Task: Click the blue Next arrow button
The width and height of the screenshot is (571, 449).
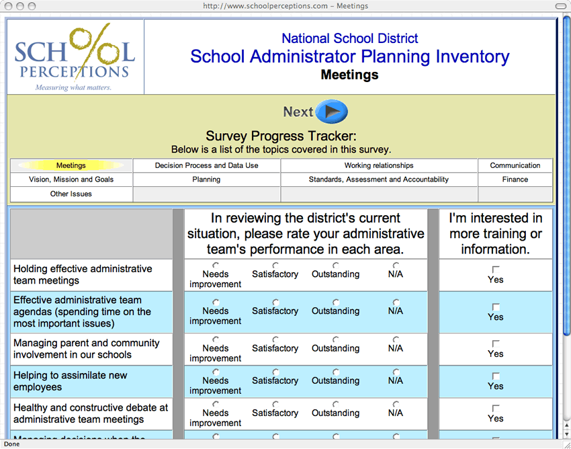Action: pyautogui.click(x=332, y=112)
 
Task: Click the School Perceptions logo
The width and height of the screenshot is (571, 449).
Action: pyautogui.click(x=75, y=57)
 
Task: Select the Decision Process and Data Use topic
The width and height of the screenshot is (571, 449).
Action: pyautogui.click(x=206, y=165)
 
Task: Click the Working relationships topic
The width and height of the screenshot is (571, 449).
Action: pyautogui.click(x=379, y=165)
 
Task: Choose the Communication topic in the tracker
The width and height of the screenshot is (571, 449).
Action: pyautogui.click(x=515, y=165)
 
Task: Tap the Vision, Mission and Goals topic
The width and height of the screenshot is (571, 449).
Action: pyautogui.click(x=71, y=179)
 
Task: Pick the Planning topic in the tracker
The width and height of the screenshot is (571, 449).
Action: pyautogui.click(x=206, y=179)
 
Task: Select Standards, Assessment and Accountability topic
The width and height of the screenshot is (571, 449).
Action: pyautogui.click(x=379, y=179)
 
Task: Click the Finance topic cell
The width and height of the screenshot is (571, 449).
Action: pyautogui.click(x=515, y=179)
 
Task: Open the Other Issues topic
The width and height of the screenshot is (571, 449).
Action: pyautogui.click(x=71, y=194)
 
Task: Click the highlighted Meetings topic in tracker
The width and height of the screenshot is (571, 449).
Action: pyautogui.click(x=71, y=165)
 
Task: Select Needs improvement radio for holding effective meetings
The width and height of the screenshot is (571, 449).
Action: pyautogui.click(x=216, y=266)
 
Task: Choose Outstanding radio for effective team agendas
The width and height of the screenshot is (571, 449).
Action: pyautogui.click(x=336, y=302)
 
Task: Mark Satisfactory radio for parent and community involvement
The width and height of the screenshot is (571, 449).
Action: pyautogui.click(x=275, y=339)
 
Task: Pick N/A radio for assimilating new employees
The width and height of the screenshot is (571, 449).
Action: pyautogui.click(x=396, y=372)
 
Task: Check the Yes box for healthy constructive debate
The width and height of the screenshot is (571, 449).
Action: pyautogui.click(x=496, y=408)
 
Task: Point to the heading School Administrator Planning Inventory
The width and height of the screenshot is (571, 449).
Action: pyautogui.click(x=349, y=56)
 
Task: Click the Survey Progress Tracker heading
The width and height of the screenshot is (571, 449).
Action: pyautogui.click(x=281, y=136)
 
